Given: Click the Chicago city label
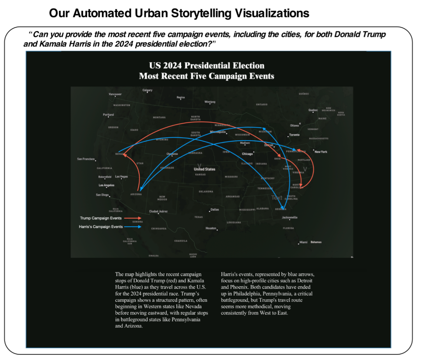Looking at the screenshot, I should pos(247,154).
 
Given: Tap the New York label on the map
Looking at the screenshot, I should pos(321,152).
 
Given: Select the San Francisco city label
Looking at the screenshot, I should pos(86,159).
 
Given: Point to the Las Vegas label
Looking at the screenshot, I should pos(121,177).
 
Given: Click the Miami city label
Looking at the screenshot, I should pos(303,242).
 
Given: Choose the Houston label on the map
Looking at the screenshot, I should pos(211,228).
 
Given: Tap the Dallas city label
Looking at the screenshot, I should pos(215,210).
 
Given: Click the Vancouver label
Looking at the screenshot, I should pos(115,94).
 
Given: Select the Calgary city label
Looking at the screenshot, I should pos(147,90).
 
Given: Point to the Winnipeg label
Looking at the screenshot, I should pos(210,102).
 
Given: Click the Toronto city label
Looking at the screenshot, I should pos(294,135).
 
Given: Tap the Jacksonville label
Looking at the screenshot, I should pos(289,218).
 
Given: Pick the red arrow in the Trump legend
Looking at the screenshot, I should pos(133,218).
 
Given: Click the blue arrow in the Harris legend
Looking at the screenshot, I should pos(133,227).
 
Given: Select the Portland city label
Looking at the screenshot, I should pos(108,115).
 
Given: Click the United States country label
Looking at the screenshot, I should pos(204,169).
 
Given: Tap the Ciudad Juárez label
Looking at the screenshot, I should pos(158,211).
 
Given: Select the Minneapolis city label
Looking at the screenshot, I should pos(218,132).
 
